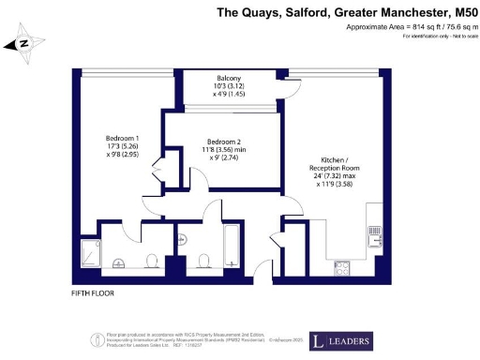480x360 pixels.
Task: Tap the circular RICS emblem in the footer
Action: point(97,340)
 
